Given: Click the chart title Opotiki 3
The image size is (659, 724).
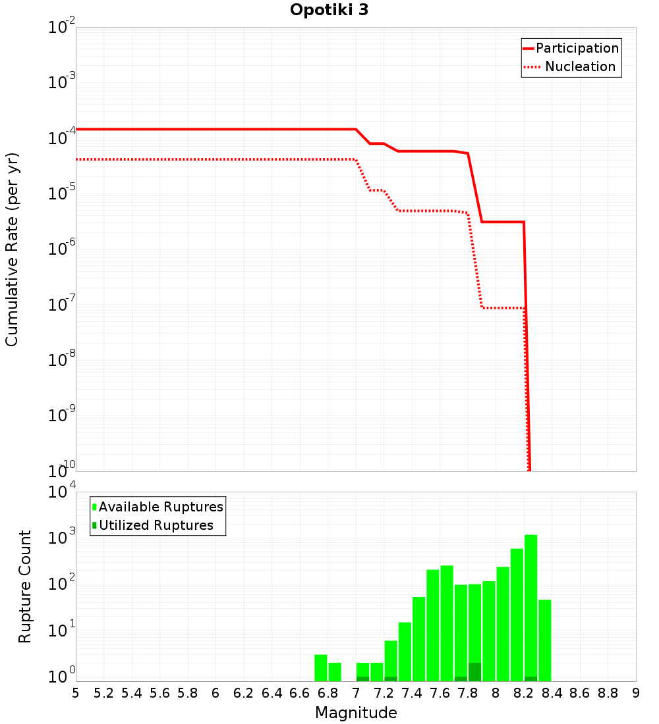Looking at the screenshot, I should pyautogui.click(x=329, y=11).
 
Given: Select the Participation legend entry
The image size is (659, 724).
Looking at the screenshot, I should pyautogui.click(x=571, y=49).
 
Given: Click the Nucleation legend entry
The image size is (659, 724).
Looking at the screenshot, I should pyautogui.click(x=571, y=67).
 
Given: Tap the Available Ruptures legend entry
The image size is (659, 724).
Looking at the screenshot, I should pyautogui.click(x=158, y=507).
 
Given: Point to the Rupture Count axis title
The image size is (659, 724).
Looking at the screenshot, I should pyautogui.click(x=25, y=586).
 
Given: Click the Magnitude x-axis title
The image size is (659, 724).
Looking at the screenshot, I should pyautogui.click(x=356, y=713).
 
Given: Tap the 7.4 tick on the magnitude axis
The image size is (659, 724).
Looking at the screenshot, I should pyautogui.click(x=412, y=693).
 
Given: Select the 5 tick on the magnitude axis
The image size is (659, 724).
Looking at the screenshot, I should pyautogui.click(x=76, y=693).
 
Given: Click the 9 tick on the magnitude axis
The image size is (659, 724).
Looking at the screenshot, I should pyautogui.click(x=636, y=693).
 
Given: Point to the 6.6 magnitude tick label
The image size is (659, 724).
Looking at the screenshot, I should pyautogui.click(x=300, y=693).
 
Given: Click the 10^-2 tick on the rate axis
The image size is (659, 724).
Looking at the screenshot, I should pyautogui.click(x=61, y=28).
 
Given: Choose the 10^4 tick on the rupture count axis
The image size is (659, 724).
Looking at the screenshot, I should pyautogui.click(x=61, y=492).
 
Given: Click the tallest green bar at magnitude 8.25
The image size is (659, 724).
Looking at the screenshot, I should pyautogui.click(x=530, y=606).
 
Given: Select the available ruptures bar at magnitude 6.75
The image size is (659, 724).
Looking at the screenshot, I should pyautogui.click(x=321, y=668).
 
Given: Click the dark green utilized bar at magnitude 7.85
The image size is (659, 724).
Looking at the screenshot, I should pyautogui.click(x=474, y=672).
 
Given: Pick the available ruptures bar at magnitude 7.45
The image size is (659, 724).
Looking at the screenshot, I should pyautogui.click(x=418, y=638).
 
